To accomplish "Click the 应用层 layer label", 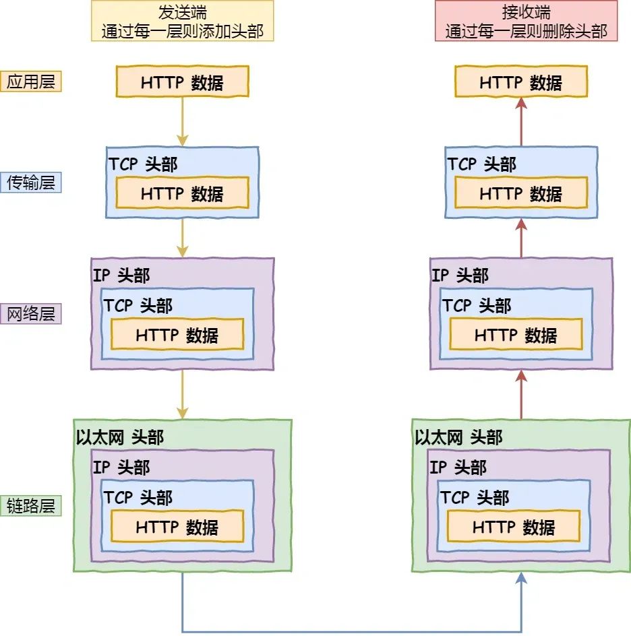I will (x=31, y=82).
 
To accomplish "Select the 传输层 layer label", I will (x=31, y=182).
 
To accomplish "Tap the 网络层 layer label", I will (x=31, y=313).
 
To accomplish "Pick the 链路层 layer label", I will (x=31, y=505).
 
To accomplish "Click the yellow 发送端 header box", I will (x=182, y=21).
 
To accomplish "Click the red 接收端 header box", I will (x=526, y=21).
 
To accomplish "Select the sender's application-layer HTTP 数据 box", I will (x=183, y=82).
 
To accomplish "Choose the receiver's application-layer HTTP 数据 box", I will (x=521, y=82).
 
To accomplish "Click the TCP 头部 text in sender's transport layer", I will (x=143, y=164).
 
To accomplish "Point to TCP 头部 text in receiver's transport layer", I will (x=481, y=164).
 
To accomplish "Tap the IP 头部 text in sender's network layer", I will (x=121, y=275).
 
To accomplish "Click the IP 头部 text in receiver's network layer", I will (x=460, y=275).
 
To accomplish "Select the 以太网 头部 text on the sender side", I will (x=120, y=437).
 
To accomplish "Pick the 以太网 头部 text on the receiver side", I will (x=458, y=437).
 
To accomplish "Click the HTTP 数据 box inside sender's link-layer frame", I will (x=177, y=526).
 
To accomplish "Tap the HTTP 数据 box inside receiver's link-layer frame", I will (x=514, y=526).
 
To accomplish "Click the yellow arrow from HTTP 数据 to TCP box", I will (x=183, y=121).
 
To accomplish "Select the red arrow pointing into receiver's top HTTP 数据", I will (x=521, y=121).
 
